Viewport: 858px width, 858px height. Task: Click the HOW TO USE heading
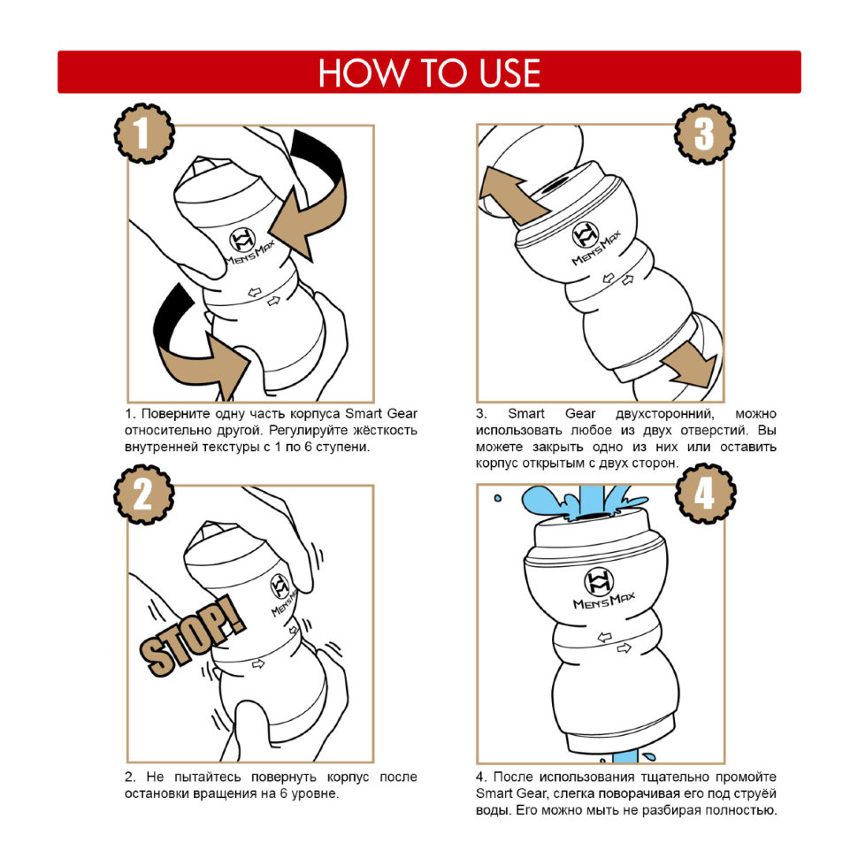(x=430, y=73)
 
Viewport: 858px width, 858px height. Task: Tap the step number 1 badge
(x=144, y=133)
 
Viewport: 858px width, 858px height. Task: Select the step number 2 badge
(x=144, y=494)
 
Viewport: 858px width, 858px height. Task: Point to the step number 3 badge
(x=705, y=134)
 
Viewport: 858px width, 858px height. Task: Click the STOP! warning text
(x=192, y=636)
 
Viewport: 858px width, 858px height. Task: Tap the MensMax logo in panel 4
(x=601, y=589)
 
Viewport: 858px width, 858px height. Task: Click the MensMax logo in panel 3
(x=594, y=243)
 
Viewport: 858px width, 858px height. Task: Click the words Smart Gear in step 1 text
(x=381, y=414)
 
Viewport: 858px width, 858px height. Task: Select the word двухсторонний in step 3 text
(x=664, y=414)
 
